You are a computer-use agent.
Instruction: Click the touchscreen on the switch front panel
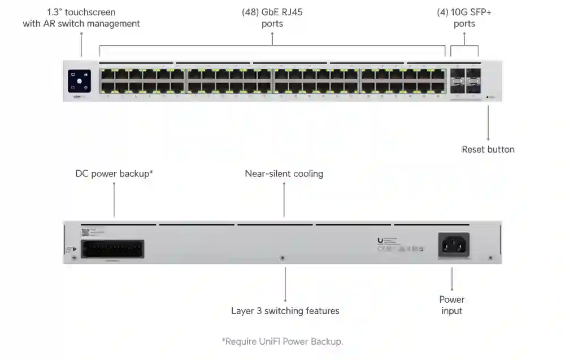(x=79, y=80)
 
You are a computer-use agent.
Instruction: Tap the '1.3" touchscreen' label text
(x=81, y=12)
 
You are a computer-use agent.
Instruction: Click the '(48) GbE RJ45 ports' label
(x=272, y=18)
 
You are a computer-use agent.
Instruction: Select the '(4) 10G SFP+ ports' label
(x=464, y=18)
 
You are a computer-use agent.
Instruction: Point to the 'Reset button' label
(x=488, y=149)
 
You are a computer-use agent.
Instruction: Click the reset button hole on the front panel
(x=488, y=97)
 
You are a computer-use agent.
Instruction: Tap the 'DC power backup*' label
(x=114, y=174)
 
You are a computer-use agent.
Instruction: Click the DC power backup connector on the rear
(x=112, y=249)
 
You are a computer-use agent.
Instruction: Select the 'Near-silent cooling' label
(x=284, y=174)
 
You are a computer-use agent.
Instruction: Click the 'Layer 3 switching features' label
(x=285, y=311)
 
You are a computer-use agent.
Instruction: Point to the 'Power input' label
(x=451, y=305)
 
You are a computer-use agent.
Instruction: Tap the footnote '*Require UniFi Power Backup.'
(x=282, y=341)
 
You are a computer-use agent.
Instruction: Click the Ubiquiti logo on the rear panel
(x=380, y=241)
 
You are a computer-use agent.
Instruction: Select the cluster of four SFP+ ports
(x=464, y=81)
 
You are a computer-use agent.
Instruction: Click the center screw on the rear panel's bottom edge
(x=282, y=258)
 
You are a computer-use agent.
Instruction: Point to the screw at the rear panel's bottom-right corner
(x=490, y=258)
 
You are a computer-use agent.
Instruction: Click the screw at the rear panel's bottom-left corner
(x=75, y=258)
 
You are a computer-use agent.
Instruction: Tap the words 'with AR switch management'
(x=81, y=24)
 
